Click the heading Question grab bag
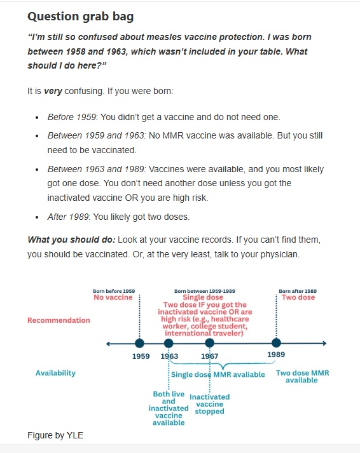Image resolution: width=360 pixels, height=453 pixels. (x=80, y=16)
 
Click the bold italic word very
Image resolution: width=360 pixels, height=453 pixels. (x=53, y=91)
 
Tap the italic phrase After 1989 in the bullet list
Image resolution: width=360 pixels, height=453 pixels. (x=69, y=217)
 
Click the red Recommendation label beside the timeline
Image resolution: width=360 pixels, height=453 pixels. (x=59, y=320)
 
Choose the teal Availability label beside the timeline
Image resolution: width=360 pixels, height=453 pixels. (x=55, y=373)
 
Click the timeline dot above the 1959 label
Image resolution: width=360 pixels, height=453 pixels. (x=140, y=343)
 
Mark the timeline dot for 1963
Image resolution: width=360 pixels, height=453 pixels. (x=169, y=343)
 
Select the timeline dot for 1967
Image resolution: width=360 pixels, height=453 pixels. (x=210, y=343)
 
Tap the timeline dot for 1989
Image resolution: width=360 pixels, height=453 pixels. (x=275, y=343)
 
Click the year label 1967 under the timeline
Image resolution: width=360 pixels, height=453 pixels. (x=210, y=356)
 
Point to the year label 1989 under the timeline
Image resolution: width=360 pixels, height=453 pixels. (x=276, y=355)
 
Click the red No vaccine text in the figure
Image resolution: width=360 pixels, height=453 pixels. (x=113, y=297)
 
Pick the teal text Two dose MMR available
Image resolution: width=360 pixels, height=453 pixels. (x=302, y=376)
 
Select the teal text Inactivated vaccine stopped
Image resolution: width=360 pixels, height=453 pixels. (x=209, y=404)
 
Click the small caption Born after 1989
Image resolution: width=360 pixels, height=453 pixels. (x=298, y=291)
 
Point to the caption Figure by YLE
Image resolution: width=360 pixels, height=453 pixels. (x=55, y=435)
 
